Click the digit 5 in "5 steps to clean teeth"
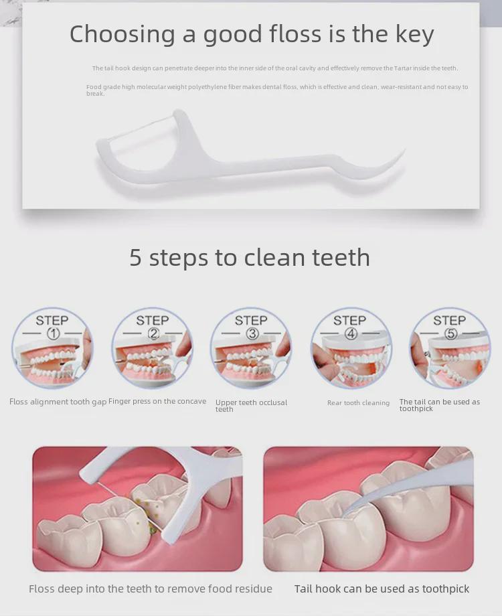[x=136, y=258]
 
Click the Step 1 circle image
[x=52, y=348]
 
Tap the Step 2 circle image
[x=152, y=348]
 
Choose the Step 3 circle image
[x=251, y=348]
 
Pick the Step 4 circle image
[x=351, y=348]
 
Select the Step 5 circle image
[x=450, y=348]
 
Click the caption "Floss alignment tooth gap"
[x=58, y=402]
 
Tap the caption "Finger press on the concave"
[x=157, y=402]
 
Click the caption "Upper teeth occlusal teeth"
[x=251, y=406]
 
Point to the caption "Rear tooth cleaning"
[x=358, y=403]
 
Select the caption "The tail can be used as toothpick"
[x=439, y=405]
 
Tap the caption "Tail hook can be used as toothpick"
[x=382, y=589]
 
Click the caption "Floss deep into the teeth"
[x=151, y=589]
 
